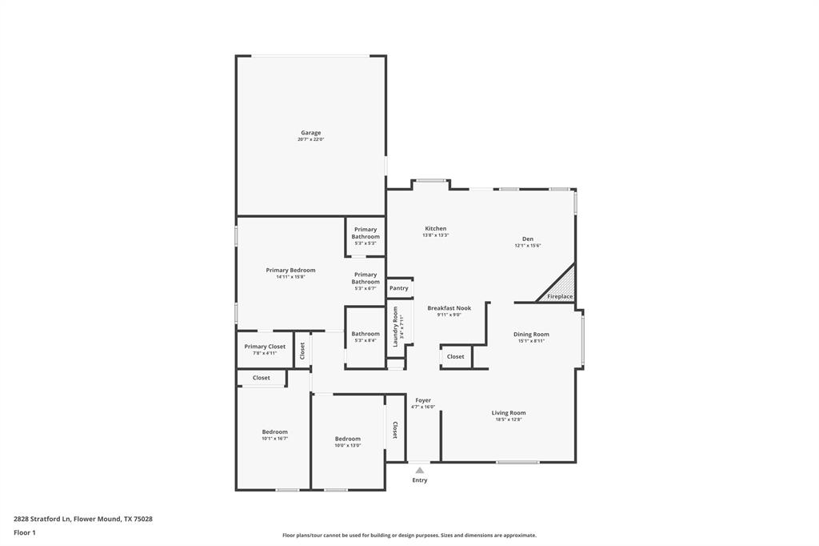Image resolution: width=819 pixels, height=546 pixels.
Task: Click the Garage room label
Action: (x=311, y=133)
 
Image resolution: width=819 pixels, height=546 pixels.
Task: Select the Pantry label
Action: (x=399, y=288)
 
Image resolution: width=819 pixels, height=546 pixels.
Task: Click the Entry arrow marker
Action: (x=420, y=470)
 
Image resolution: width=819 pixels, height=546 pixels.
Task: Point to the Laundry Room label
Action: (x=395, y=326)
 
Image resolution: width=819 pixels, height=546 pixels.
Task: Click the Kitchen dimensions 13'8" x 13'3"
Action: (x=436, y=235)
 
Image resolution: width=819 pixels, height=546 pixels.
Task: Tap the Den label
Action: (x=528, y=239)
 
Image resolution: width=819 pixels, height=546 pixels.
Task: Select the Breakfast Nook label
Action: (x=449, y=308)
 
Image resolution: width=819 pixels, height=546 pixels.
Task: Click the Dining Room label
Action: (x=531, y=335)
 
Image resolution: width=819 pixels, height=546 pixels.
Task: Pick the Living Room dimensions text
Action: (x=509, y=420)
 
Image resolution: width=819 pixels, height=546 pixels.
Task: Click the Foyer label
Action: (x=423, y=400)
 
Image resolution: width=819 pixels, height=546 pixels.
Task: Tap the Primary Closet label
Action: (x=265, y=347)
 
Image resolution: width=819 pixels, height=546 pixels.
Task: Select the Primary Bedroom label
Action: (x=290, y=271)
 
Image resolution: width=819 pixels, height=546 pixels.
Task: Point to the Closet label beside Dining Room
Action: (x=455, y=357)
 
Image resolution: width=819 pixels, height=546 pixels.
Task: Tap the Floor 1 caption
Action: (x=25, y=532)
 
